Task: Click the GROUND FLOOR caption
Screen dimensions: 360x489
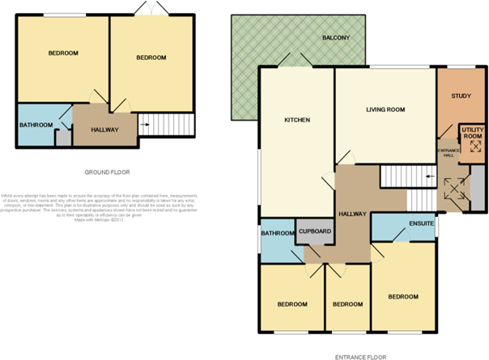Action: (x=107, y=172)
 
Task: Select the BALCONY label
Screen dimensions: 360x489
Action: (x=335, y=38)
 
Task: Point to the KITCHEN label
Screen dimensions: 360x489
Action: (x=296, y=121)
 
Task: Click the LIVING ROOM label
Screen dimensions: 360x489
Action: (x=385, y=108)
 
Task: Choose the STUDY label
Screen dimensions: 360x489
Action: (x=461, y=96)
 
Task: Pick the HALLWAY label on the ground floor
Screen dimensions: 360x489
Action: (x=105, y=129)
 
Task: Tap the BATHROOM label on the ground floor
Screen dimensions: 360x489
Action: (x=36, y=125)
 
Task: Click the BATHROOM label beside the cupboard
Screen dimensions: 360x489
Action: (x=277, y=234)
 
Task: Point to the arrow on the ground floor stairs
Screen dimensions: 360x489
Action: (x=145, y=125)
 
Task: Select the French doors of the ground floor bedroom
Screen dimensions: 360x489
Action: (x=148, y=9)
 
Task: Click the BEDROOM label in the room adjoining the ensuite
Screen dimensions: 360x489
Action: (x=402, y=297)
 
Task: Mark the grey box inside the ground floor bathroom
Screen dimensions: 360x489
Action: (x=62, y=138)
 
